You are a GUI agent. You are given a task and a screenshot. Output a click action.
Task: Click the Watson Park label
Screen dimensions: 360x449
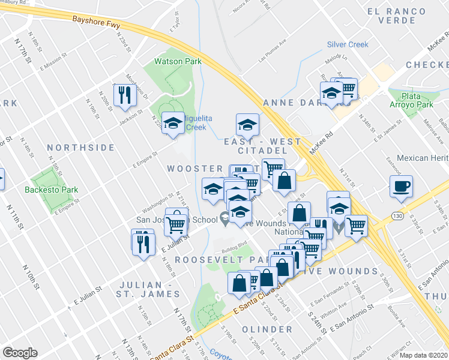178,61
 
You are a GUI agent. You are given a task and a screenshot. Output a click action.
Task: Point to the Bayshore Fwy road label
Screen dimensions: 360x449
97,19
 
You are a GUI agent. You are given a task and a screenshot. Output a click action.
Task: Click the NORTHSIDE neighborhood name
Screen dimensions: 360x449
80,147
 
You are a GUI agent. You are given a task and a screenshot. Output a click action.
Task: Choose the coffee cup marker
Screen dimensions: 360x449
400,186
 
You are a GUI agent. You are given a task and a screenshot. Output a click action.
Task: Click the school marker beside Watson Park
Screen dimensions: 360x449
173,123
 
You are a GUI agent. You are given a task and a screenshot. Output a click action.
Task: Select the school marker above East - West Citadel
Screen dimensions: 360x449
247,125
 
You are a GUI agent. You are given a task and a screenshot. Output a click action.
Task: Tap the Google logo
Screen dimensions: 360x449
20,353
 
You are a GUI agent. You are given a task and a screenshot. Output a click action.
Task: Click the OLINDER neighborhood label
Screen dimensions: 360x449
267,329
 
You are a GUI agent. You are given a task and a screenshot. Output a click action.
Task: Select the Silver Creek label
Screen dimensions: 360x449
348,44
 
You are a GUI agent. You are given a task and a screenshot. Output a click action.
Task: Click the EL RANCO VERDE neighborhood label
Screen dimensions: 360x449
400,16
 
